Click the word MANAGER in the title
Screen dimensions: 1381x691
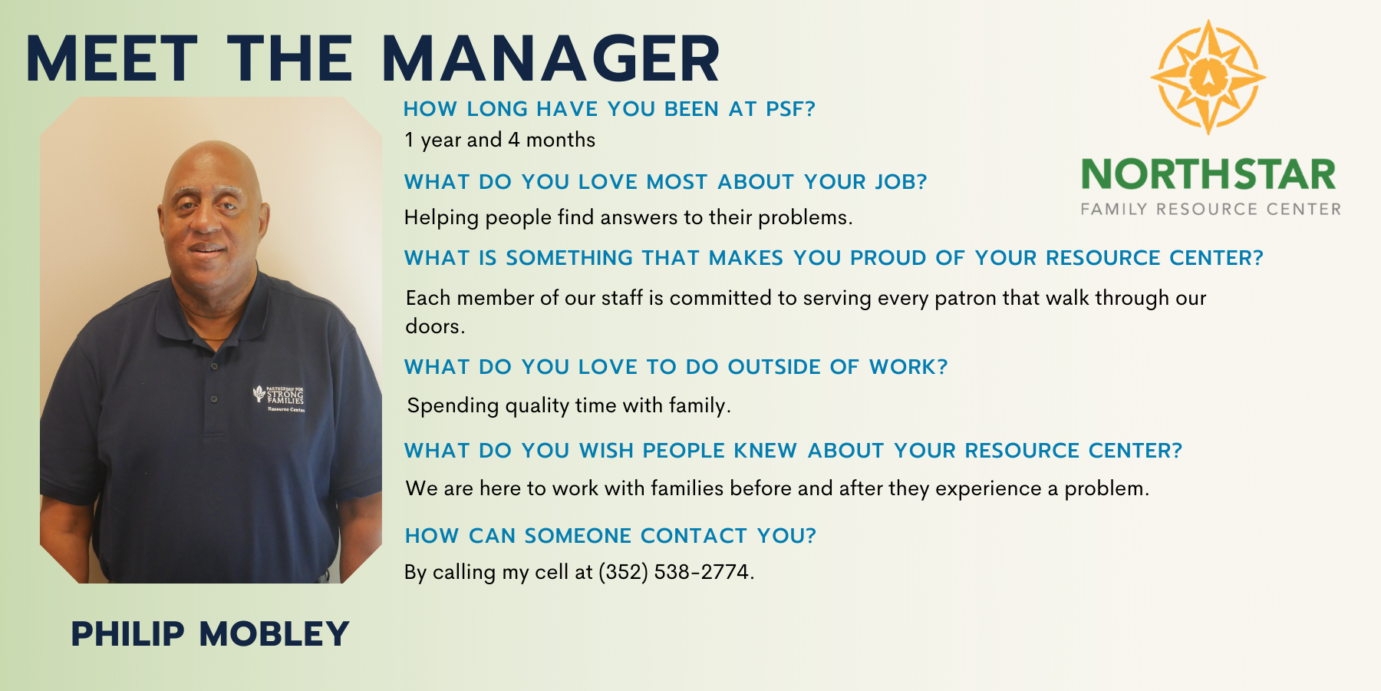point(550,58)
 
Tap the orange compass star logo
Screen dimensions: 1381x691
point(1208,78)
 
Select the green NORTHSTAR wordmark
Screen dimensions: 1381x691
point(1208,174)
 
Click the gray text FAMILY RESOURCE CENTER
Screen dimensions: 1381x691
point(1211,209)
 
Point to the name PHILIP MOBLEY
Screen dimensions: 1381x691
point(210,634)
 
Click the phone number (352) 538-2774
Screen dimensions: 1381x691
point(674,572)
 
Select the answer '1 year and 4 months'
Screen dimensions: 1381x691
point(499,140)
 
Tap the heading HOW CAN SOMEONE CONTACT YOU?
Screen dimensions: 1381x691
point(611,536)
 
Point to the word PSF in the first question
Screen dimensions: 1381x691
point(790,109)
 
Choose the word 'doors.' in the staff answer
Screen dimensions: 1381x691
point(435,326)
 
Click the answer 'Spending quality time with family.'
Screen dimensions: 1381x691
point(569,405)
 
